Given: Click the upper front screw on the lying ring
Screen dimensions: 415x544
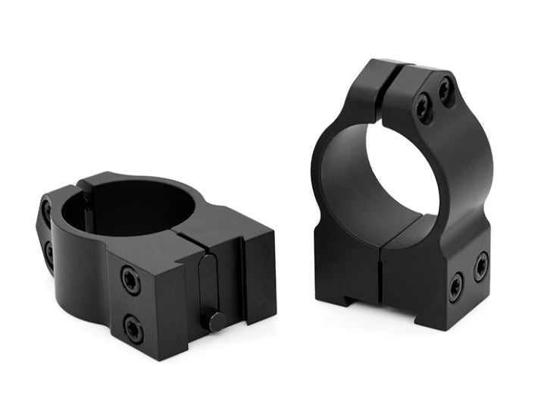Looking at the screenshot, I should [131, 281].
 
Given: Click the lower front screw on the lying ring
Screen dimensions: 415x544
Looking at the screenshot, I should [133, 327].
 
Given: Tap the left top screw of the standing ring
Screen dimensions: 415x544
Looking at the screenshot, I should [423, 111].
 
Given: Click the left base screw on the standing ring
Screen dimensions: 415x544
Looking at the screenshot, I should [455, 288].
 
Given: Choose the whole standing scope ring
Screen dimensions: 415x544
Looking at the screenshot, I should [402, 197].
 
